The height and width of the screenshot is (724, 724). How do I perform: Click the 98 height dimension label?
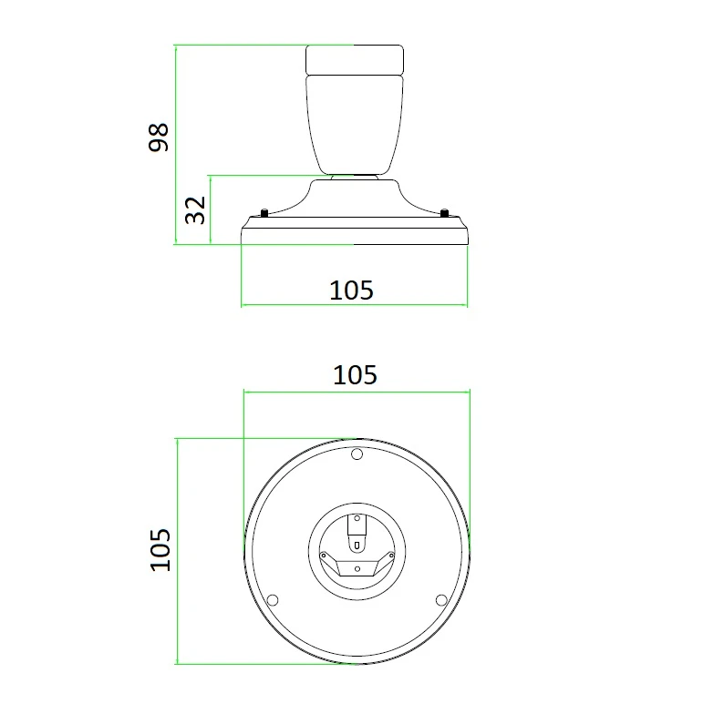point(158,138)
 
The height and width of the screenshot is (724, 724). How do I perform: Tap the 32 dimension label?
point(195,210)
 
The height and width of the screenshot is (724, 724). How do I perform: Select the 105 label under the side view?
point(351,291)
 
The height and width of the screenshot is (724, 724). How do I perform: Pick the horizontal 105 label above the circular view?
point(355,375)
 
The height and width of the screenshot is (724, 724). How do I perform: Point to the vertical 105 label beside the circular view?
point(160,550)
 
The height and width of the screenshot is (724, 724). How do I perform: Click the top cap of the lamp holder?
point(355,59)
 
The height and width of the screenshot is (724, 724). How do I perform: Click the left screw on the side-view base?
point(264,213)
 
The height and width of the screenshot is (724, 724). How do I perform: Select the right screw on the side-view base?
point(444,213)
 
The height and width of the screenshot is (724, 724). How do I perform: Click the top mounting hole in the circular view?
point(357,454)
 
